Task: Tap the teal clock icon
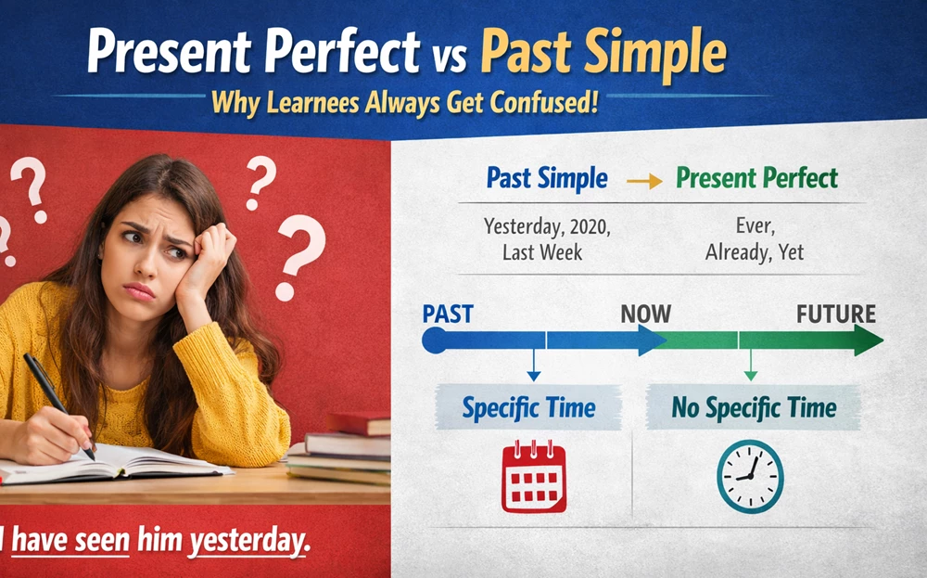click(750, 476)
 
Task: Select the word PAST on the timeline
click(448, 315)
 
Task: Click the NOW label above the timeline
click(645, 315)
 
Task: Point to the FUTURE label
click(836, 315)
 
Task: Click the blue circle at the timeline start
click(435, 340)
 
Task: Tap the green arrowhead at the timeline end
click(869, 340)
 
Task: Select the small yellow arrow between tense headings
click(644, 181)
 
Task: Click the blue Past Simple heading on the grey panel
click(547, 178)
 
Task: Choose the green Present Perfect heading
click(756, 177)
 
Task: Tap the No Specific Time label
click(754, 407)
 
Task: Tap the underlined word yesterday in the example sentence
click(249, 541)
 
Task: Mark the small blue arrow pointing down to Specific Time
click(534, 365)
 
